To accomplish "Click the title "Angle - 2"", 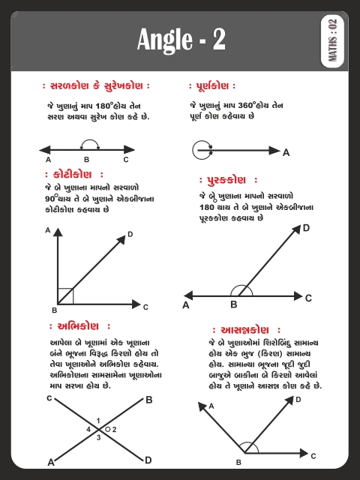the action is click(x=181, y=40).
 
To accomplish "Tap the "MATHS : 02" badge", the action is click(x=334, y=41).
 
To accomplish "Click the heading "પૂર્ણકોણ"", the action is click(x=214, y=85).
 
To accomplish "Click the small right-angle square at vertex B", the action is click(x=65, y=295).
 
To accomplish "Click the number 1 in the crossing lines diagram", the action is click(x=98, y=420).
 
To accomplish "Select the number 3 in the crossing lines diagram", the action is click(x=98, y=437).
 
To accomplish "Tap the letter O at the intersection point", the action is click(x=107, y=429).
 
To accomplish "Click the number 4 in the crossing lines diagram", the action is click(x=88, y=429).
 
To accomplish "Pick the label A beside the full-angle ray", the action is click(x=286, y=152).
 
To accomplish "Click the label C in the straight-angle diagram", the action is click(x=126, y=160).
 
